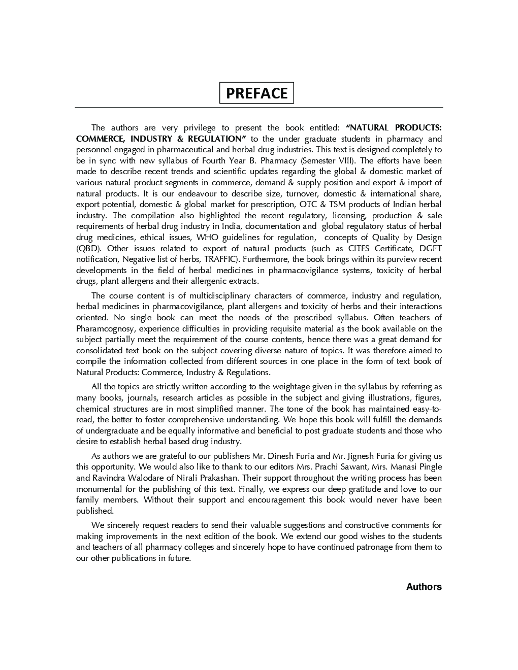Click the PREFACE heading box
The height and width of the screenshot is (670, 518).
[256, 93]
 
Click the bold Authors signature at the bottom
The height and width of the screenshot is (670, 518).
[424, 587]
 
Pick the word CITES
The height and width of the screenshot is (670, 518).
[360, 249]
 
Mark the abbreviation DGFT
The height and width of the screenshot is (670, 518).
[431, 249]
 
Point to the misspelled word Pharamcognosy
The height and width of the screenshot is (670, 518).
[105, 329]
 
